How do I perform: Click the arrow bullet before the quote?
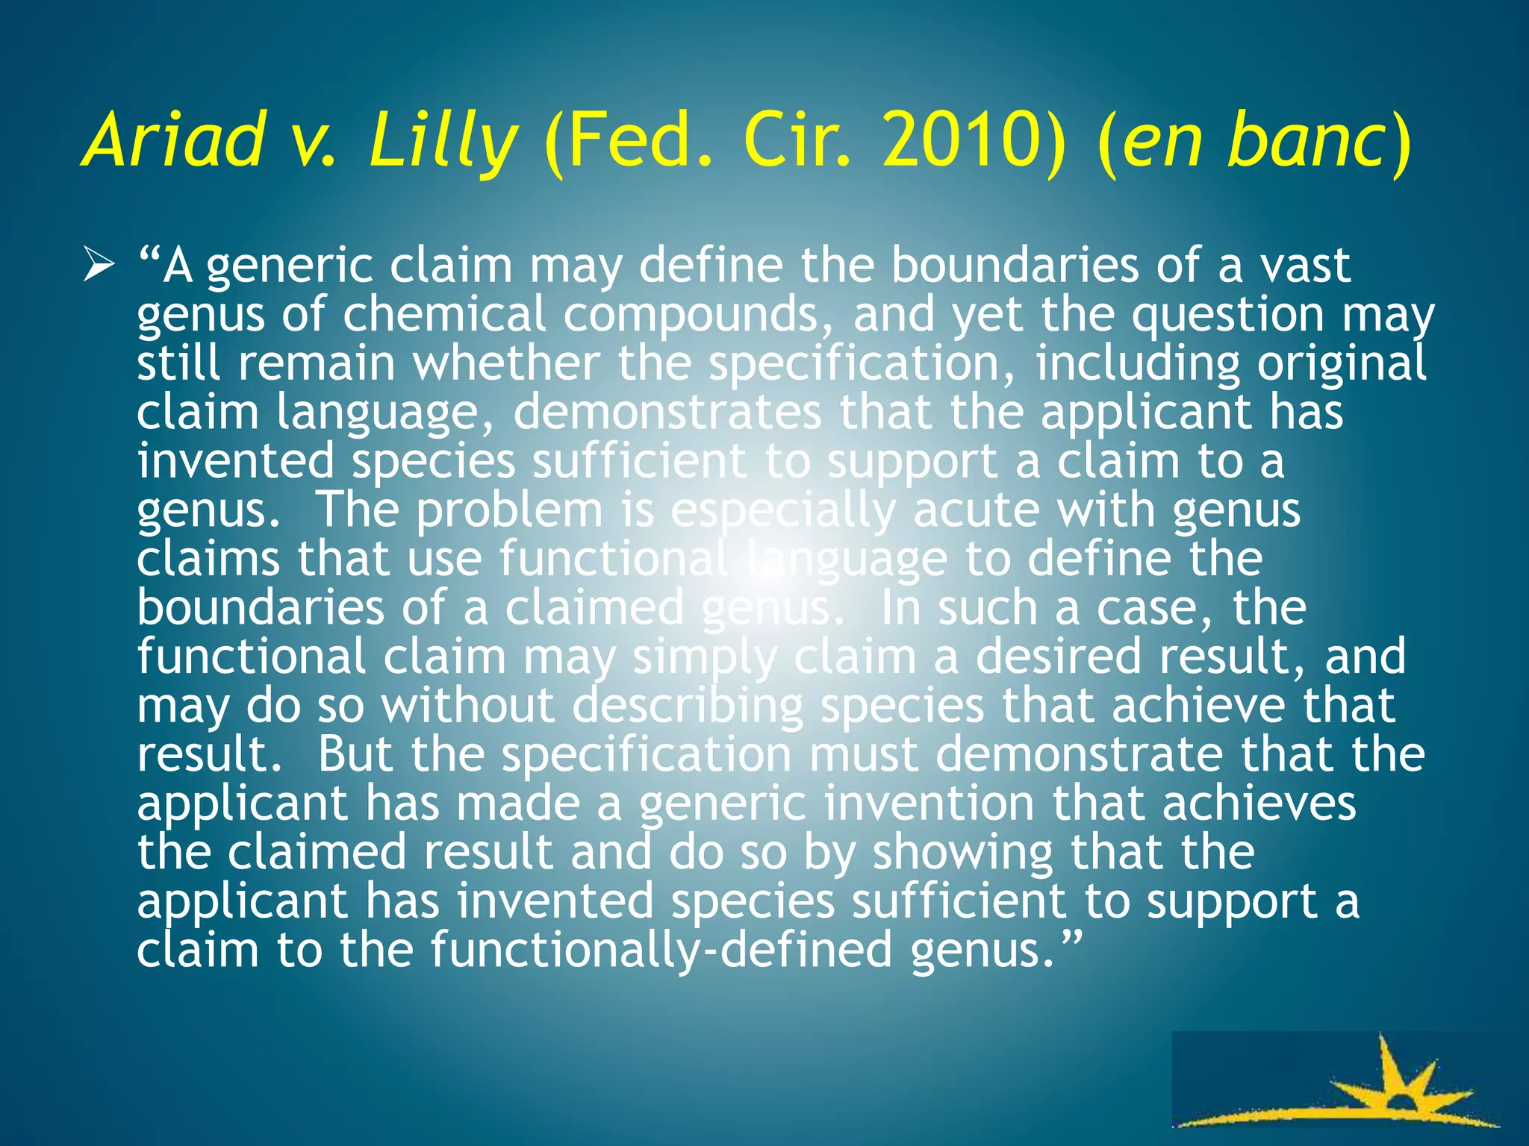99,266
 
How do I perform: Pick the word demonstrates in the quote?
667,413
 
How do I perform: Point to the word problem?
509,512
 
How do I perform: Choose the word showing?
963,853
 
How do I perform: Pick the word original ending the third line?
1341,363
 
